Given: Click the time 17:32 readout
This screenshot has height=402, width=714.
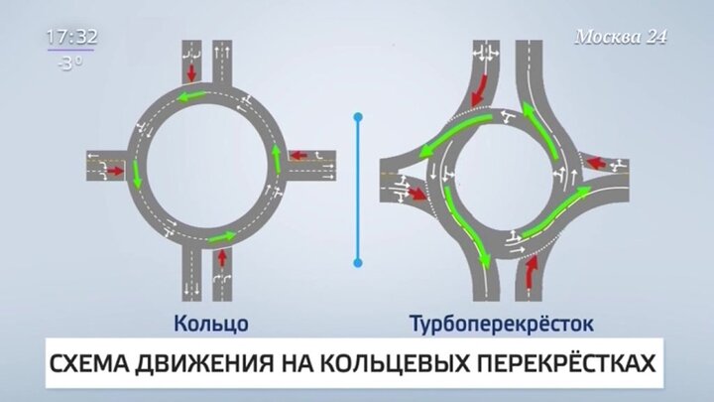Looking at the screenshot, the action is pos(72,37).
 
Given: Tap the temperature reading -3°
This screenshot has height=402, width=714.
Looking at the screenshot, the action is pos(70,64).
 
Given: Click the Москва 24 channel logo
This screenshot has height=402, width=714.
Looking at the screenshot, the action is pos(621,37).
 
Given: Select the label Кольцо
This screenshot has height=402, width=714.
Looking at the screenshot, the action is pos(211,324).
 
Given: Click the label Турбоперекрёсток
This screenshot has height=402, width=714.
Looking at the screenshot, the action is pos(502,324).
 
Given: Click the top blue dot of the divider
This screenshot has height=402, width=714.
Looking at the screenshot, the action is pos(358,117).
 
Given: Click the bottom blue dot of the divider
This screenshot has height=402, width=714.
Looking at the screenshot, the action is pos(358,262).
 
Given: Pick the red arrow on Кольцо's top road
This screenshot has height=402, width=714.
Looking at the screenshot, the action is pos(191,72).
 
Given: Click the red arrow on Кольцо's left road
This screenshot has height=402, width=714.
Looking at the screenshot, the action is pos(116,171).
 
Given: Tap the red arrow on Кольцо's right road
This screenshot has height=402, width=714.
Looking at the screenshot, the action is pos(298,156).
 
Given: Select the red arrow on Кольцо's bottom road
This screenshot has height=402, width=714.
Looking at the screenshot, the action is pos(222,258).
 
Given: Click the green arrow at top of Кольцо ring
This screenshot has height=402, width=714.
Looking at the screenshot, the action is pos(191,95).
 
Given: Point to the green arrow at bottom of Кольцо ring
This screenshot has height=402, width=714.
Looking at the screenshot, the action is pos(223,237).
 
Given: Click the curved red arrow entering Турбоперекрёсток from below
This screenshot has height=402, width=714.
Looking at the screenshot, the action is pos(530,272).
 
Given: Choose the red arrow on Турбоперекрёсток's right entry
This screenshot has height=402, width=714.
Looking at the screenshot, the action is pos(596,163).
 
